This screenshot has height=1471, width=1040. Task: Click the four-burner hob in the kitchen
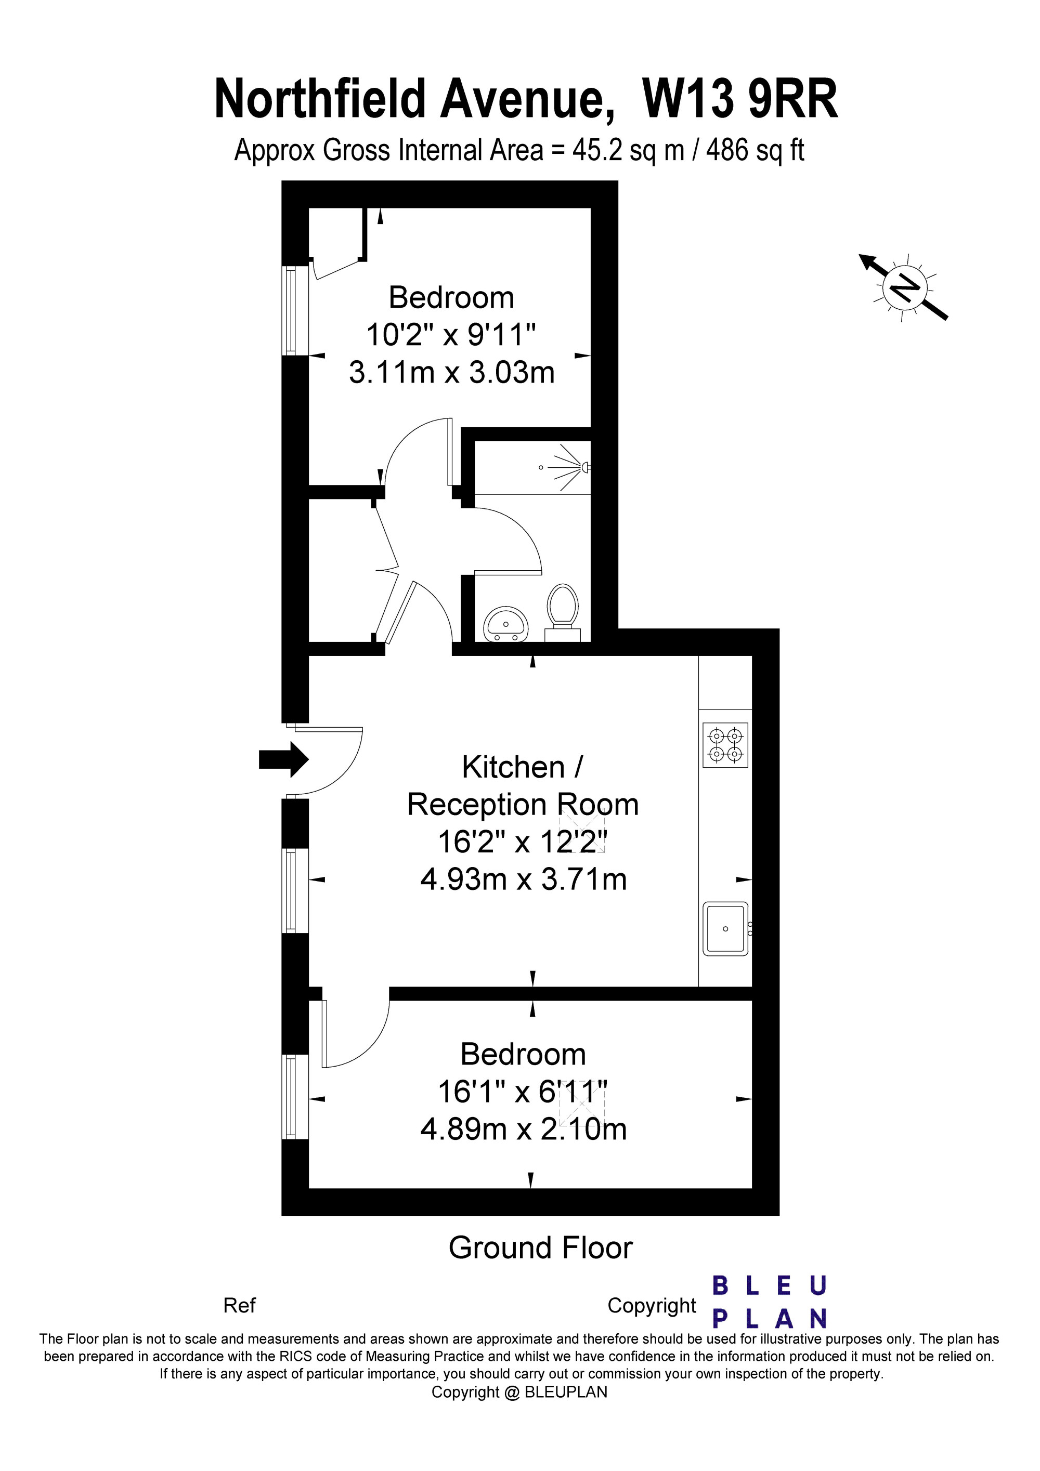(x=725, y=744)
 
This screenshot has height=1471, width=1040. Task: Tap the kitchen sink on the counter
(x=726, y=929)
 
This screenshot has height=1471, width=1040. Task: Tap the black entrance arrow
(x=284, y=759)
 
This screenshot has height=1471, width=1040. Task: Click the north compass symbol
(x=904, y=286)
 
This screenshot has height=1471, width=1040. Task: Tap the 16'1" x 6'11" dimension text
(x=523, y=1091)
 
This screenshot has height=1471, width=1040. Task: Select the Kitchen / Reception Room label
(x=523, y=785)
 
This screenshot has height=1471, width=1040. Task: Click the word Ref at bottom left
(x=239, y=1306)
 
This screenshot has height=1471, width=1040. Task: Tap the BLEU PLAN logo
(x=770, y=1303)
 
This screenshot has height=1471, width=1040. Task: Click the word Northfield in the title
(x=320, y=99)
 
